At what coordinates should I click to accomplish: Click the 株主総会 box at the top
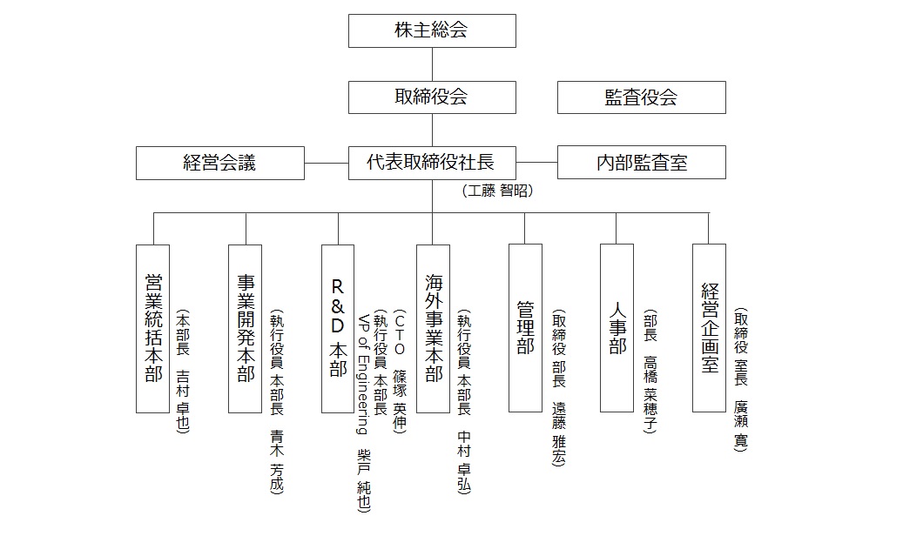click(432, 30)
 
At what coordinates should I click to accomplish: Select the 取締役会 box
click(432, 97)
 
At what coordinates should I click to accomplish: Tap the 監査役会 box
click(641, 97)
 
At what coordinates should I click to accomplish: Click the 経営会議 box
click(220, 163)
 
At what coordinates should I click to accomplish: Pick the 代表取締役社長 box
click(432, 163)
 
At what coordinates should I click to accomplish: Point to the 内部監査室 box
click(641, 163)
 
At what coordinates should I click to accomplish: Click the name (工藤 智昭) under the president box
click(497, 191)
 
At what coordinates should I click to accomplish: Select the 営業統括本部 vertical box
click(153, 328)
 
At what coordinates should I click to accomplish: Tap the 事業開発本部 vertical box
click(246, 328)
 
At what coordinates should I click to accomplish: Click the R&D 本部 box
click(338, 328)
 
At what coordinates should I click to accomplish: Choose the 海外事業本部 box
click(433, 328)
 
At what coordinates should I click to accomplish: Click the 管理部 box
click(525, 328)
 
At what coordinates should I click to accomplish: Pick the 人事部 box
click(617, 328)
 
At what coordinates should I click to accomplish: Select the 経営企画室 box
click(709, 328)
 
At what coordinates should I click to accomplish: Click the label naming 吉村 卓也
click(183, 370)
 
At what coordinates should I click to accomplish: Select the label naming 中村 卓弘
click(463, 400)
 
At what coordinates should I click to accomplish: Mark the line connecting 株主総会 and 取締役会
click(433, 64)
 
